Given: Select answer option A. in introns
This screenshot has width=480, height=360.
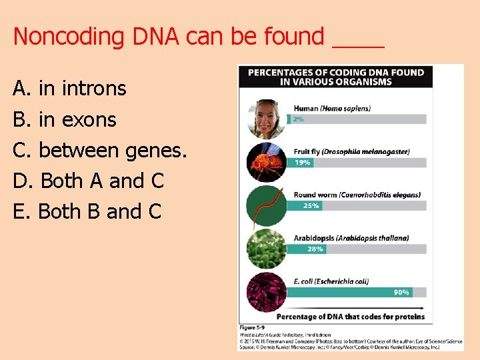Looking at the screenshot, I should pos(69,88).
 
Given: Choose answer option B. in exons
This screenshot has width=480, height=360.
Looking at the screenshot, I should pos(65,119).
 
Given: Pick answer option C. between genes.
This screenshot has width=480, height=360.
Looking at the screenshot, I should pos(100,150).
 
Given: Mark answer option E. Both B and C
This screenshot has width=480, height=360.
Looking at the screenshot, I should pos(87,211).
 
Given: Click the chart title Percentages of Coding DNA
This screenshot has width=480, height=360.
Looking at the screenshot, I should pos(336,77).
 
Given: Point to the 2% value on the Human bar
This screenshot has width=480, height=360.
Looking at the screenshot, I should pos(298,119).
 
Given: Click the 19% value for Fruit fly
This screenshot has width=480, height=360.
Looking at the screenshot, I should pos(302,162).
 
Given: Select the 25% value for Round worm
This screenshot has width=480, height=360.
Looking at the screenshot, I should pos(311,205).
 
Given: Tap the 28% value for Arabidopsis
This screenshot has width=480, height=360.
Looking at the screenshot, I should pos(315,249).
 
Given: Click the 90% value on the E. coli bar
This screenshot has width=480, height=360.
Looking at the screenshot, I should pos(401,292).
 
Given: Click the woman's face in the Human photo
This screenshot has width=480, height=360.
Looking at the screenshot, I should pos(266,117).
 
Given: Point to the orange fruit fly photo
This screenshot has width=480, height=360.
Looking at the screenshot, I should pos(266,161).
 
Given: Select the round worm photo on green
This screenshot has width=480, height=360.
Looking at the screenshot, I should pos(266,205).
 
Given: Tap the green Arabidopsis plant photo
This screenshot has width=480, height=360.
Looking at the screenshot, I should pos(266,248).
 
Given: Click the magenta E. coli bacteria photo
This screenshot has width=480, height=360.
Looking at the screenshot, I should pos(266,292).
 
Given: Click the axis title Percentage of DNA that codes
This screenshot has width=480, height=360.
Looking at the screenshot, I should pos(350,316).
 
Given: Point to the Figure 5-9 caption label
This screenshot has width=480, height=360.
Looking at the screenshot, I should pos(253,328).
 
